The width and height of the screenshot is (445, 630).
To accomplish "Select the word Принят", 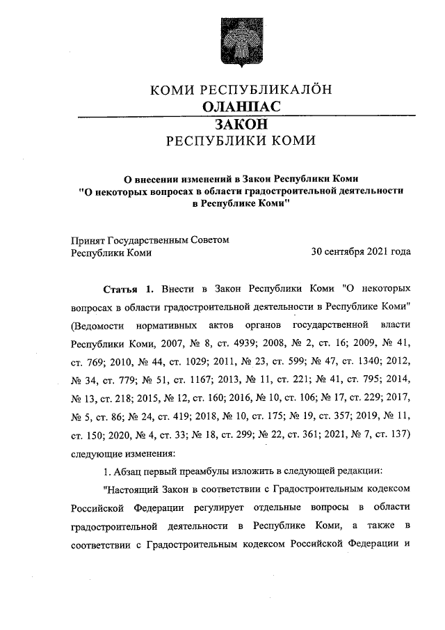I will pos(88,239).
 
